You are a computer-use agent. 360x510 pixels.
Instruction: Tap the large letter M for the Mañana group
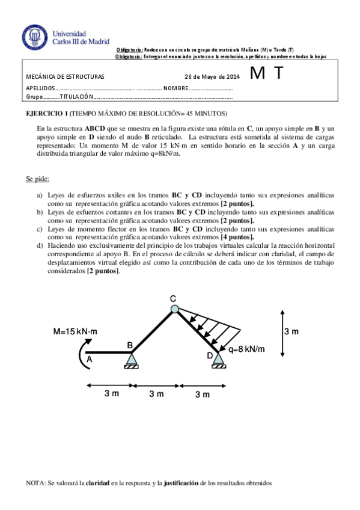point(257,74)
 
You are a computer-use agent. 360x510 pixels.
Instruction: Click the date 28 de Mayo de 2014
point(212,78)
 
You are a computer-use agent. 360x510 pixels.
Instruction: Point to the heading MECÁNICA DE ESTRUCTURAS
point(66,78)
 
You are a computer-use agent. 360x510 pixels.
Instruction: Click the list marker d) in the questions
point(40,245)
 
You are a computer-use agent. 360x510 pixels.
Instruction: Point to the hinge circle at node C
point(174,309)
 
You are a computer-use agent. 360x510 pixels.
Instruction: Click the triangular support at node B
point(132,359)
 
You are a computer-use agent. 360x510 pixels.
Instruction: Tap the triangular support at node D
point(218,359)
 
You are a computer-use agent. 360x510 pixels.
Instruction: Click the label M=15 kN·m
point(75,331)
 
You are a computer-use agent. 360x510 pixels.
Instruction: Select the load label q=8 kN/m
point(246,349)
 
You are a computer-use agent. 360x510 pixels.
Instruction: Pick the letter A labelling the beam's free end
point(90,359)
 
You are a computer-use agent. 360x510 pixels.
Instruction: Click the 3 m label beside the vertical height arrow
point(291,331)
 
